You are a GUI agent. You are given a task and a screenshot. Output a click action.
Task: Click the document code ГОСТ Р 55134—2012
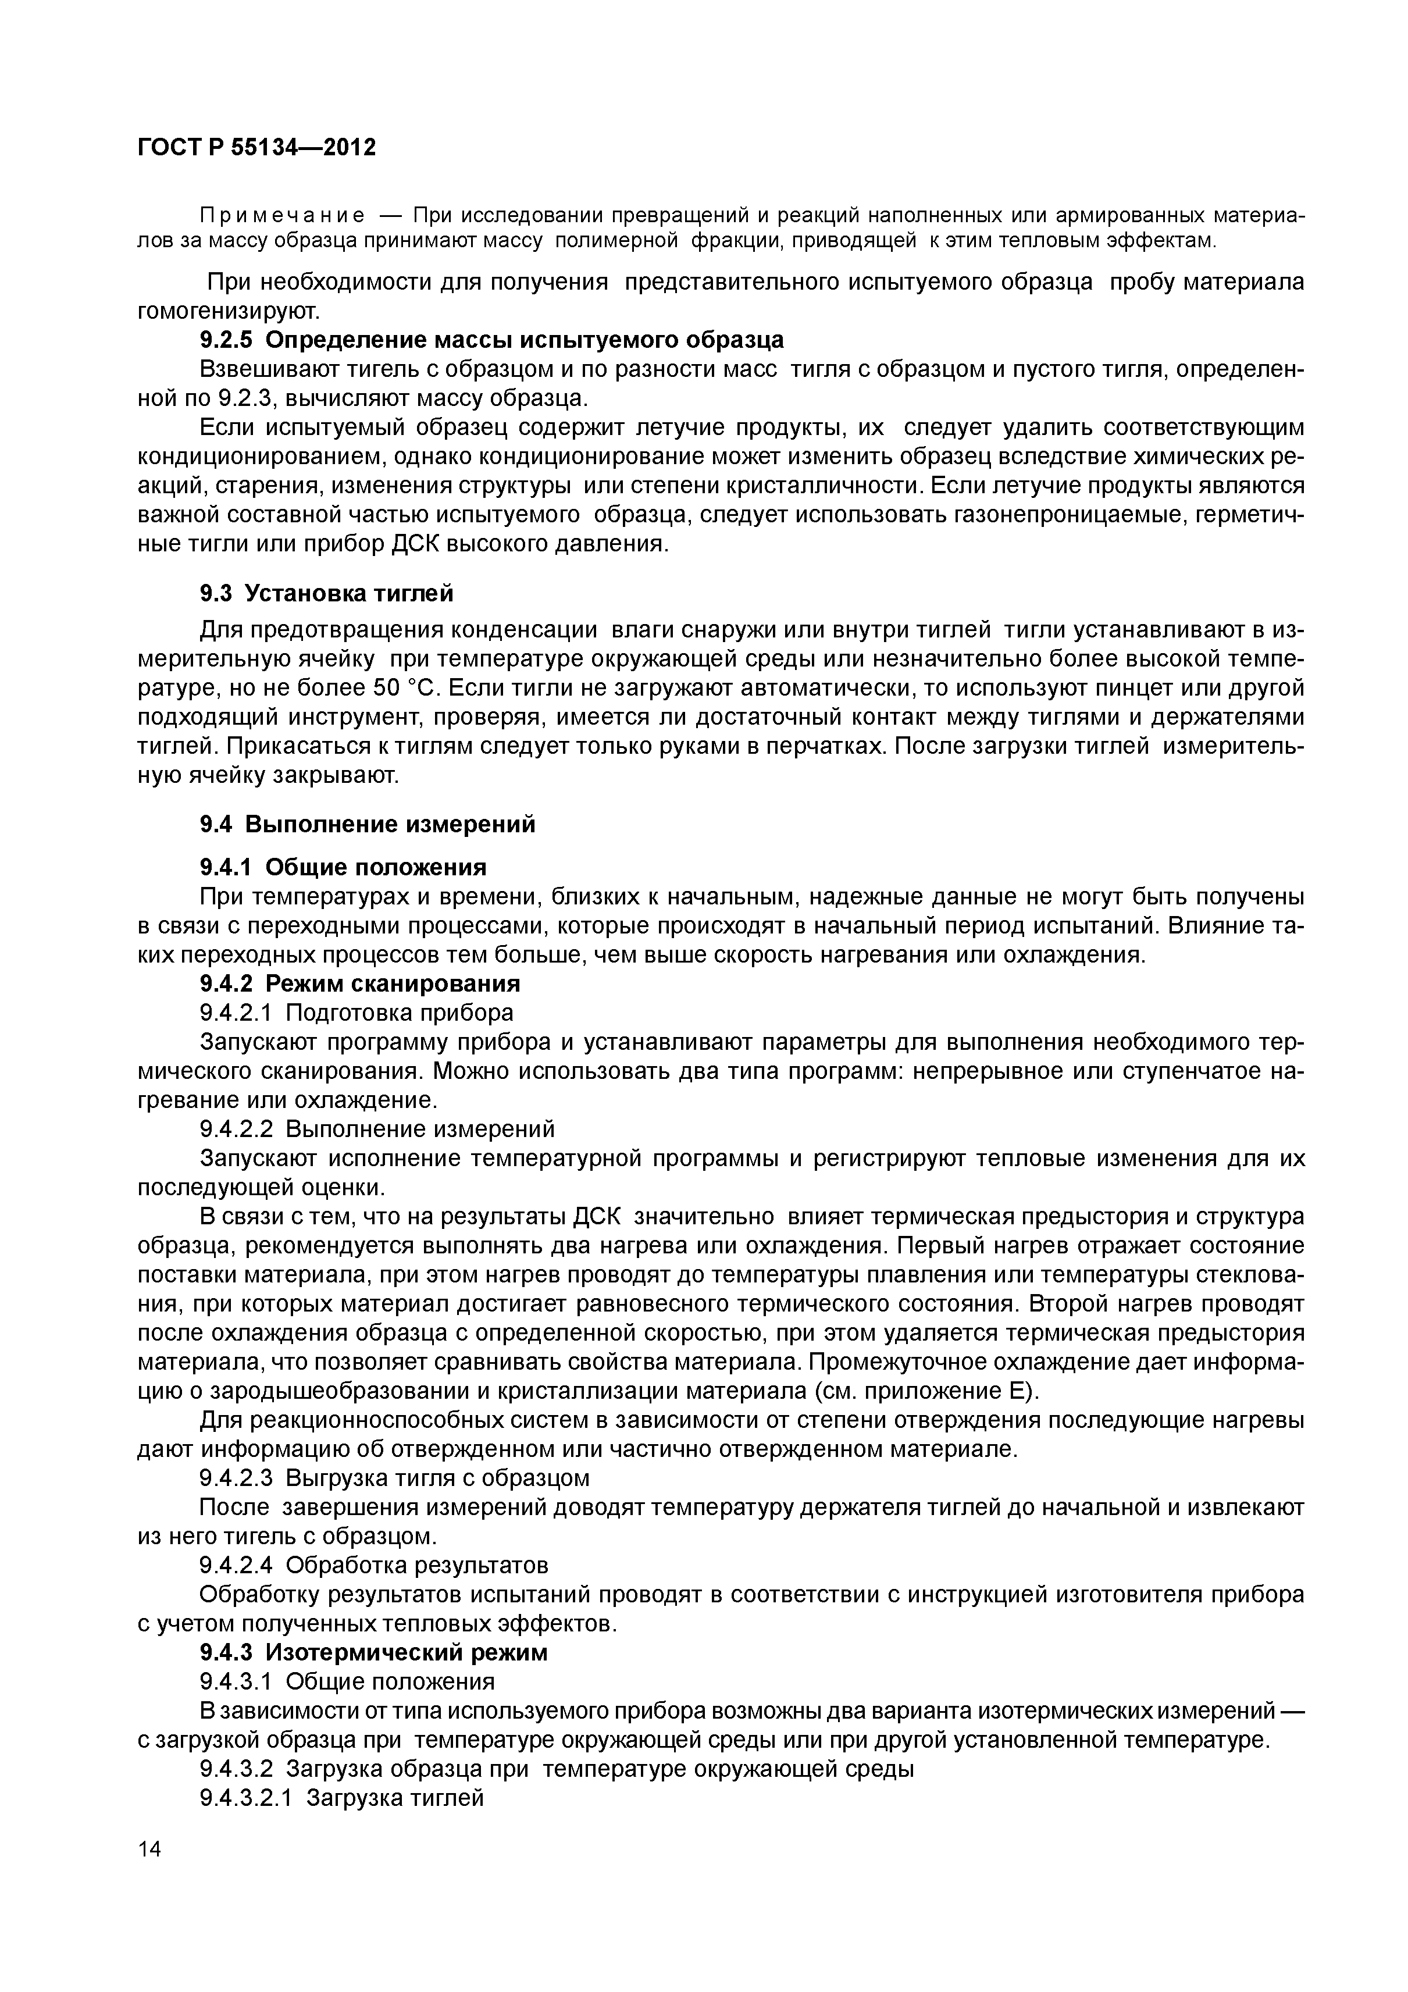tap(257, 148)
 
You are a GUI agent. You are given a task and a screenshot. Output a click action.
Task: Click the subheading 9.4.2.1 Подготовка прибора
tap(357, 1013)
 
